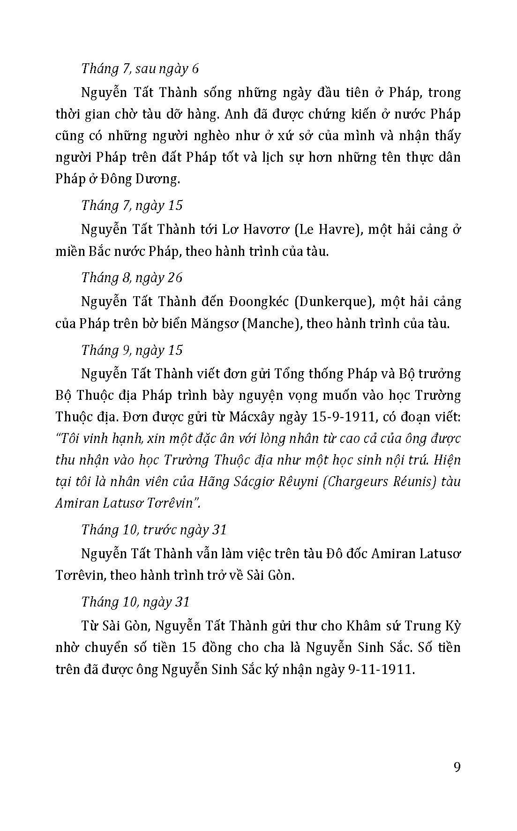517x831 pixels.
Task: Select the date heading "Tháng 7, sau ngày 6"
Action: (140, 68)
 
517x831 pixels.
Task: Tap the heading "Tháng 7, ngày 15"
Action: (132, 205)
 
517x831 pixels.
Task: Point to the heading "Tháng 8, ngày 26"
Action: (132, 277)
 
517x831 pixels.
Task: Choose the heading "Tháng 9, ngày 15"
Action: (132, 350)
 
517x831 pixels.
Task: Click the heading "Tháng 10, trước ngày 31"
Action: (154, 530)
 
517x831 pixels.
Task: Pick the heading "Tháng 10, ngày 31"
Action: (135, 602)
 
